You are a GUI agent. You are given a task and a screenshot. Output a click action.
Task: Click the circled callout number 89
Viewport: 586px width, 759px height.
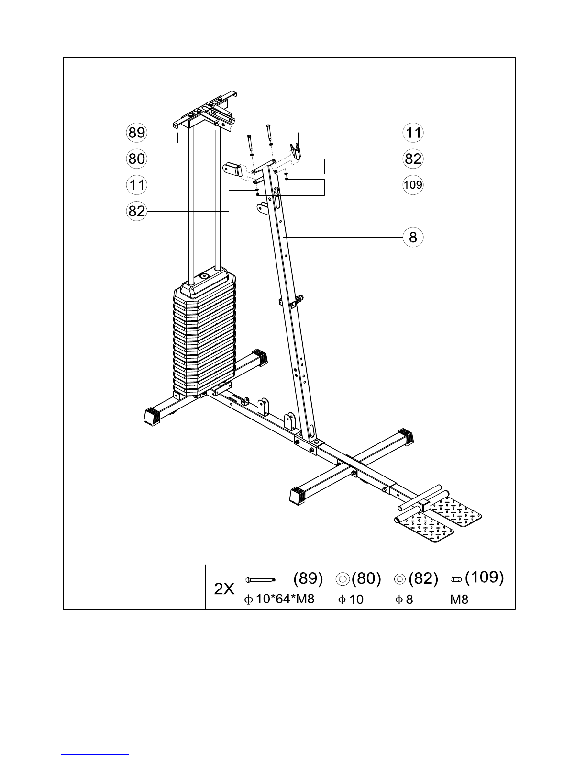tap(137, 132)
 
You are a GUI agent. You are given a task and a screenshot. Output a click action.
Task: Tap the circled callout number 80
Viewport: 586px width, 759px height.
tap(137, 159)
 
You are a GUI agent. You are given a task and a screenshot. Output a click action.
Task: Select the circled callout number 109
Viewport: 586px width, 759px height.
tap(413, 185)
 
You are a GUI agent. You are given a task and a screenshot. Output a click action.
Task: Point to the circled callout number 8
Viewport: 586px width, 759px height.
tap(413, 237)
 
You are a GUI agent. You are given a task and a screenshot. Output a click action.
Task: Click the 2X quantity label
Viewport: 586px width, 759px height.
tap(224, 589)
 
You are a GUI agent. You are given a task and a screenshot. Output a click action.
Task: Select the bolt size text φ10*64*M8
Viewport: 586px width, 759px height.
tap(279, 599)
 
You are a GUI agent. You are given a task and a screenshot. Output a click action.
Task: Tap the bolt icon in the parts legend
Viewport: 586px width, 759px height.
tap(260, 580)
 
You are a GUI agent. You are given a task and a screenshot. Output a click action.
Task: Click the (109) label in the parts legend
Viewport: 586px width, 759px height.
tap(484, 577)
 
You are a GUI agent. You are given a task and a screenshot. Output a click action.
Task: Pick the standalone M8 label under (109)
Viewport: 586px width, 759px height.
tap(459, 599)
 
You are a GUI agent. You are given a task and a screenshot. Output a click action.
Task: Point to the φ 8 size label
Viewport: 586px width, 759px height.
tap(404, 599)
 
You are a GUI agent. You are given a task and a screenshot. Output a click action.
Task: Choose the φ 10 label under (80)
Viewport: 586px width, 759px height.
tap(351, 599)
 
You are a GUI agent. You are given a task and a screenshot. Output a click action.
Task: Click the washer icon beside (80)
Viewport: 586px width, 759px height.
tap(343, 579)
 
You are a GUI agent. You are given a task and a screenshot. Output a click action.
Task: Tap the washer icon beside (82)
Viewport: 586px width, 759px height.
tap(400, 579)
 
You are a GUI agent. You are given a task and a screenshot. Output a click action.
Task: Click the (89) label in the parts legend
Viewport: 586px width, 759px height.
tap(308, 578)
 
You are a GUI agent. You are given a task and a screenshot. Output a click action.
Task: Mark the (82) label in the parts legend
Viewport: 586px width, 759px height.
tap(423, 578)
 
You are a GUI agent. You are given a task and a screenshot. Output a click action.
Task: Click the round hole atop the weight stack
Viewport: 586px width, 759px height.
tap(205, 276)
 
